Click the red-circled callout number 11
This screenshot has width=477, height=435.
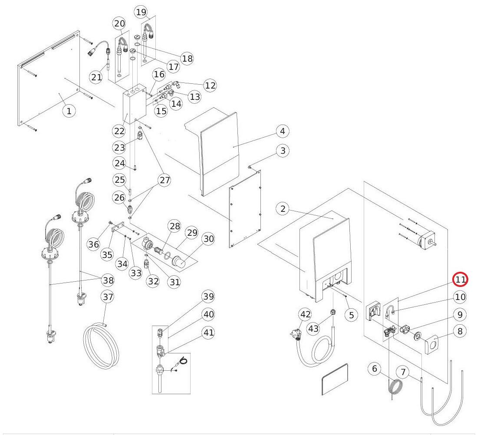(x=460, y=280)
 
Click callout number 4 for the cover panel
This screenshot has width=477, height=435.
(x=282, y=131)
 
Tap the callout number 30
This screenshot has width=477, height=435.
(x=209, y=239)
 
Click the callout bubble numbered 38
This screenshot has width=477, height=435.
(x=108, y=280)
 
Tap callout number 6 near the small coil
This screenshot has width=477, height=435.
(x=374, y=369)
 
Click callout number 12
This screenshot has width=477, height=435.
(x=210, y=86)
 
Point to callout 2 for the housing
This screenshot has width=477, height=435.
(x=283, y=209)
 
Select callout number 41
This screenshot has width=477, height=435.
(x=209, y=333)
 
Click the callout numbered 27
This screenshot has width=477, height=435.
(x=165, y=180)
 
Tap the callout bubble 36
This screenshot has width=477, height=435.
(x=94, y=244)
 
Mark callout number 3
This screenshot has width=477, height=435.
(x=283, y=151)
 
